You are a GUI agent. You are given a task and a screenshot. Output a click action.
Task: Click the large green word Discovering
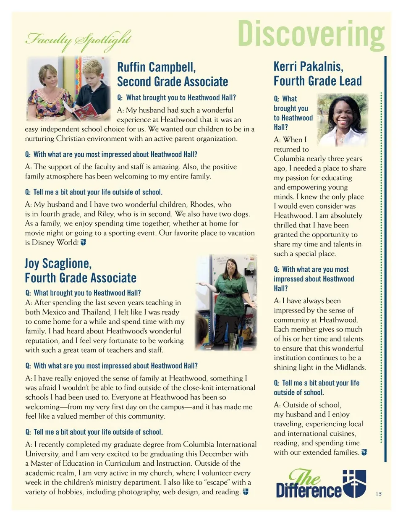311,34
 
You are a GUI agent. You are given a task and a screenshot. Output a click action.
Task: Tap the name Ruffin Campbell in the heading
156,67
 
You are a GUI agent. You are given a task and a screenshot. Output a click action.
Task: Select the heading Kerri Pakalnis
308,66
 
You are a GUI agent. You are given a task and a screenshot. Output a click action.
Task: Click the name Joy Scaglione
58,263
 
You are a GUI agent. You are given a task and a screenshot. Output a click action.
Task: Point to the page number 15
378,494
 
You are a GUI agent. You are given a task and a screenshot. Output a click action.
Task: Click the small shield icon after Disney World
83,242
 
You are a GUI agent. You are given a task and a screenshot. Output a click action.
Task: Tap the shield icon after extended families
364,452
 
